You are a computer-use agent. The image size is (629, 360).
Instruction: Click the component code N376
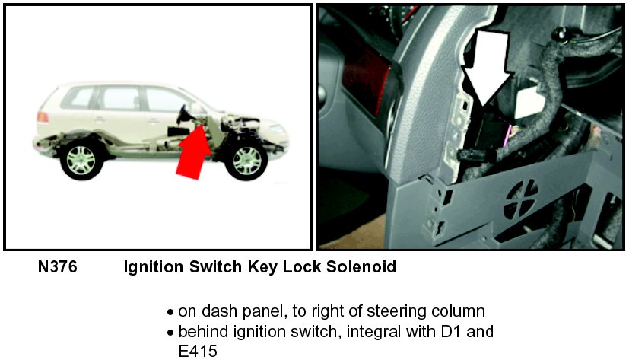(x=57, y=267)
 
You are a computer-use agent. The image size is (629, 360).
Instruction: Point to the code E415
(x=198, y=351)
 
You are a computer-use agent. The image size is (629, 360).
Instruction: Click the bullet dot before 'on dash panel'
(x=170, y=312)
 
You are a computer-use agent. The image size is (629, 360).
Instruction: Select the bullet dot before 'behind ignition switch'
(x=170, y=333)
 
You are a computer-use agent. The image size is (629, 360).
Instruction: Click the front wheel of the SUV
(x=246, y=160)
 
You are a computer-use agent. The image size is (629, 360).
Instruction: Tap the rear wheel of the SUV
(x=82, y=160)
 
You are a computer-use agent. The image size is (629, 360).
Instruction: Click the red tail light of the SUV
(x=43, y=117)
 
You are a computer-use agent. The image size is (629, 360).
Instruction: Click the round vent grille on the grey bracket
(x=521, y=199)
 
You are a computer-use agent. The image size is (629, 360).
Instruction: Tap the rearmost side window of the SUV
(x=78, y=98)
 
